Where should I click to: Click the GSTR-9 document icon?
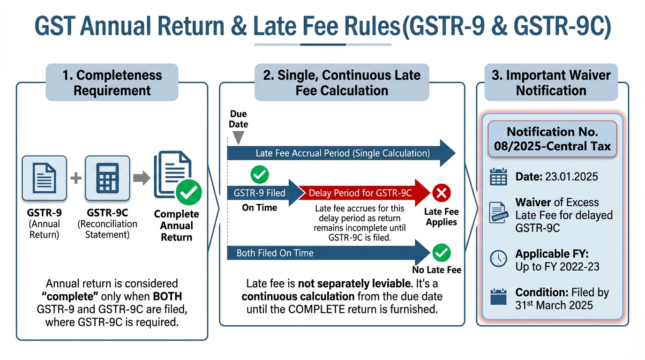point(44,178)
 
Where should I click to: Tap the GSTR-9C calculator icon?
point(107,178)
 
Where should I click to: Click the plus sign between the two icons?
point(75,178)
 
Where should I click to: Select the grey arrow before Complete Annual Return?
point(142,178)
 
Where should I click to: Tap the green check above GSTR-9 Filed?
point(259,174)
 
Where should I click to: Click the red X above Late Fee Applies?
point(442,193)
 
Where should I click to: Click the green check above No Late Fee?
point(442,253)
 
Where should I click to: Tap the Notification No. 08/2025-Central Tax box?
point(552,139)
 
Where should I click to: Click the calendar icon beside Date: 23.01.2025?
point(498,177)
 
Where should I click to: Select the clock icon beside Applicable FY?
point(498,258)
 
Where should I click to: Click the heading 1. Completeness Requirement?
point(112,82)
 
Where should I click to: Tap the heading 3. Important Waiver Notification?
point(551,82)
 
